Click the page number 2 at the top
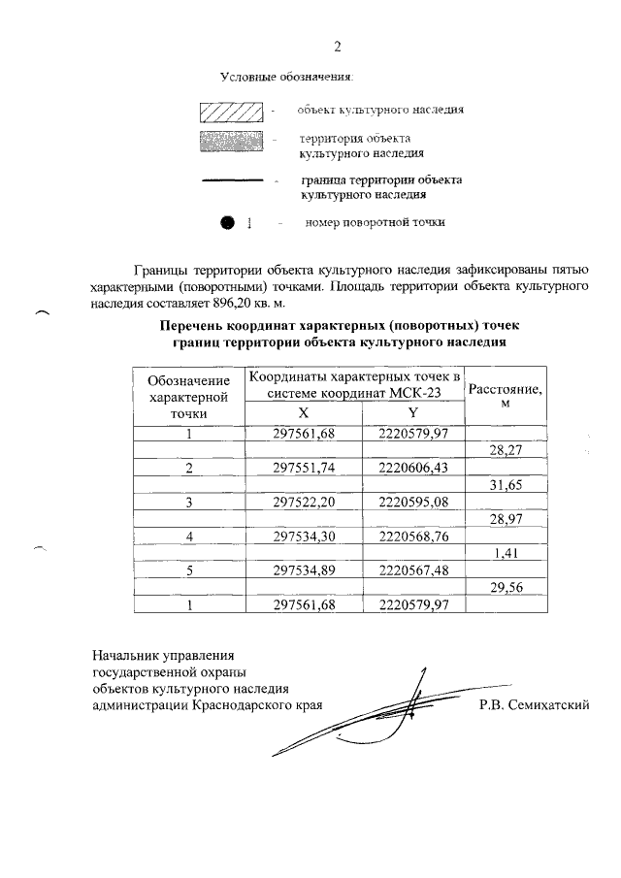point(337,46)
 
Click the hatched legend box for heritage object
point(232,113)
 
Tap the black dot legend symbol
point(228,223)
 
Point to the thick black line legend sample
point(232,180)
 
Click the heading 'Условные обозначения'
point(287,76)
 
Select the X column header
point(304,412)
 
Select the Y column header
point(412,412)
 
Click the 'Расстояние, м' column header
point(505,396)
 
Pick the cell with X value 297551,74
point(304,467)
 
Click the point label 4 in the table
point(190,537)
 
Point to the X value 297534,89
point(304,571)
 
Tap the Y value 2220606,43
point(412,467)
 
